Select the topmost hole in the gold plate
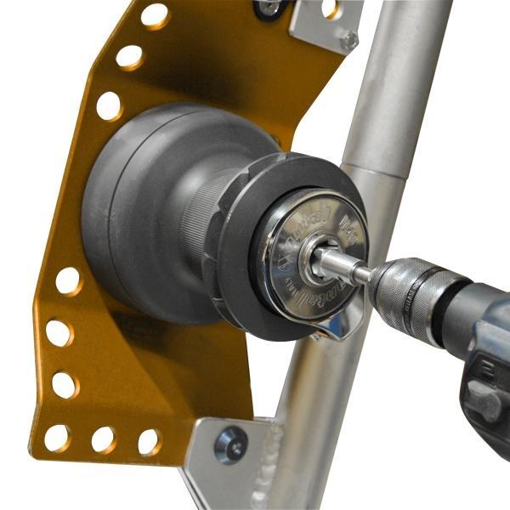pos(154,15)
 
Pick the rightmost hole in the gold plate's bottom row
pos(150,441)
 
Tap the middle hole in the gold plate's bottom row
pos(104,439)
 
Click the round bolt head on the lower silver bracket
pos(230,445)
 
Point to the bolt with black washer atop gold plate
pos(270,8)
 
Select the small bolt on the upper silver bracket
pos(348,39)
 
